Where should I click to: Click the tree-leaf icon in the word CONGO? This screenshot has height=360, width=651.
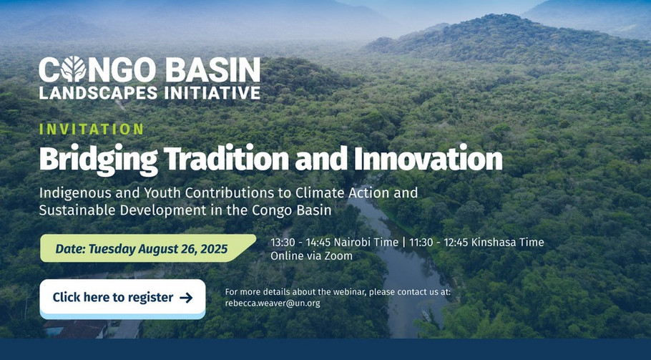tap(73, 69)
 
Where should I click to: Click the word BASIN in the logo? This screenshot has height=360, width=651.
tap(213, 69)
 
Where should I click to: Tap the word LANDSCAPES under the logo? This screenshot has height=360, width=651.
tap(99, 93)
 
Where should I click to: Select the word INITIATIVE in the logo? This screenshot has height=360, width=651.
tap(212, 93)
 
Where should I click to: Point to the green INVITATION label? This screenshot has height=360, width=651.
tap(92, 129)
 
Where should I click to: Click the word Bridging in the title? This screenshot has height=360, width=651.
tap(99, 160)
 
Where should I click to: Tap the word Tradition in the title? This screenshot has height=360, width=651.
tap(226, 158)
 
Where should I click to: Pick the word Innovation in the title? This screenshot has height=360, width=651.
tap(428, 158)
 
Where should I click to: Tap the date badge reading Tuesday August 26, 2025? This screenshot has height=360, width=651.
tap(148, 248)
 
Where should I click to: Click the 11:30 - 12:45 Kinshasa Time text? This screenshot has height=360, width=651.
tap(476, 242)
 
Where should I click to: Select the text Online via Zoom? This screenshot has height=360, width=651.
tap(311, 256)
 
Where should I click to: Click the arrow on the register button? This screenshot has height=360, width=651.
tap(186, 298)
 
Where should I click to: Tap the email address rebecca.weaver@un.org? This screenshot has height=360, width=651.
tap(273, 303)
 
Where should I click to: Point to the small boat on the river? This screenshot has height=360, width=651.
tap(426, 316)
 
